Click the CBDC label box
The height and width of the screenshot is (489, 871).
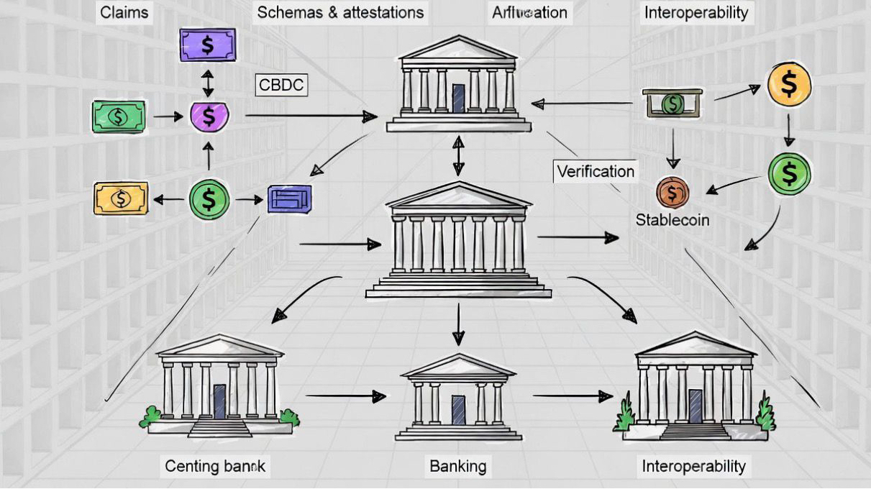[x=281, y=85]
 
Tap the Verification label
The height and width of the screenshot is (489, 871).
[x=596, y=171]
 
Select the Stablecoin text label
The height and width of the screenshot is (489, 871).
[x=672, y=220]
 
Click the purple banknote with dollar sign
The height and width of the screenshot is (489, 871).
[x=207, y=45]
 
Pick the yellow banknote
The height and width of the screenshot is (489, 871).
[x=121, y=198]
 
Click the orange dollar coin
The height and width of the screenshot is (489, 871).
[x=789, y=84]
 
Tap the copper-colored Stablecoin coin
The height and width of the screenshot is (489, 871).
[x=672, y=193]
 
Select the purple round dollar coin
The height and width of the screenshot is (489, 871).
[x=209, y=116]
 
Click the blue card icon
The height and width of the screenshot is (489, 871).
[x=290, y=199]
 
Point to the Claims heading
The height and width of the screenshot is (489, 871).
[x=124, y=12]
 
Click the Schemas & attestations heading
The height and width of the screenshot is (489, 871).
[x=340, y=12]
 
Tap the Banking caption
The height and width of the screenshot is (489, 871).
[x=457, y=466]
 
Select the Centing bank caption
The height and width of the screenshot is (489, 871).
[x=215, y=466]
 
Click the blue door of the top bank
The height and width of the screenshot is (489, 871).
[x=459, y=98]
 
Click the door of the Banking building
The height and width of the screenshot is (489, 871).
[x=458, y=410]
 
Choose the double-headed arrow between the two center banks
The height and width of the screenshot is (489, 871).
[x=458, y=156]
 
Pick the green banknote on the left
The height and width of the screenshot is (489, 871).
[x=119, y=116]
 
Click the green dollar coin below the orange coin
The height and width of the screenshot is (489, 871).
[x=789, y=173]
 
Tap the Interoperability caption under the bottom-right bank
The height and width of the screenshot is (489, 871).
[x=693, y=466]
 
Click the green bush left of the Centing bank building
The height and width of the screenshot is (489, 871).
[x=150, y=416]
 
